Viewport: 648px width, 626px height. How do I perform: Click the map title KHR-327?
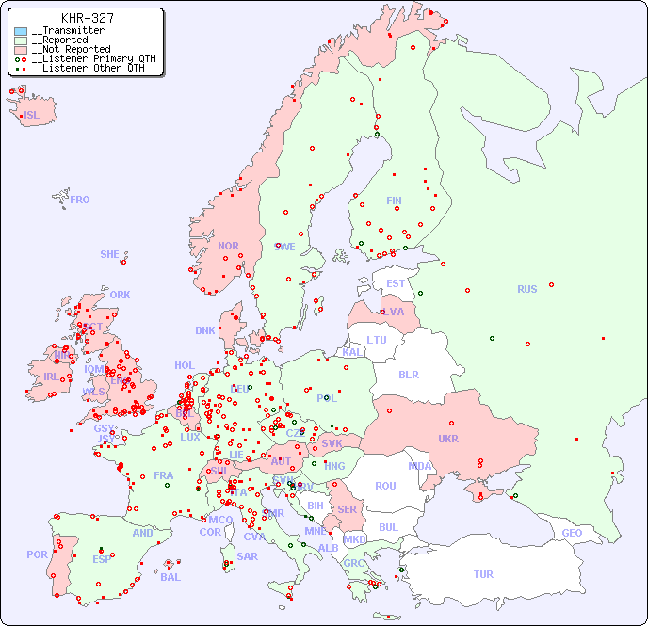[x=87, y=18]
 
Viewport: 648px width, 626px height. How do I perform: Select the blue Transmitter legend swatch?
[x=21, y=31]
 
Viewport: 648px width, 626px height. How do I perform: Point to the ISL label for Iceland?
[x=32, y=116]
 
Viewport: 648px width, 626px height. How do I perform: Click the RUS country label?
[x=526, y=289]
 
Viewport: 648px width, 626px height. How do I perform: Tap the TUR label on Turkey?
[x=483, y=574]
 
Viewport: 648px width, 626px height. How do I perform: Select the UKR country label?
[x=447, y=439]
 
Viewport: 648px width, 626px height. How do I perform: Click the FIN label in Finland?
[x=394, y=201]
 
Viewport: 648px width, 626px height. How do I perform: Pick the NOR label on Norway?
[x=228, y=246]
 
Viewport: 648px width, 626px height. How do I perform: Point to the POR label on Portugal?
[x=37, y=554]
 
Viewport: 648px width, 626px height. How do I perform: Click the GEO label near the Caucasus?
[x=572, y=533]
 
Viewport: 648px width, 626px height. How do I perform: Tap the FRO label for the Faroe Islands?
[x=80, y=200]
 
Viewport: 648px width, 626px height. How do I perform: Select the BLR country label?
[x=409, y=374]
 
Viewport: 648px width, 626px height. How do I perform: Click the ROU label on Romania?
[x=385, y=486]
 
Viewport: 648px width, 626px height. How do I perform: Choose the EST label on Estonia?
[x=396, y=283]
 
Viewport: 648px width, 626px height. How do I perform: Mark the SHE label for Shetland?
[x=110, y=254]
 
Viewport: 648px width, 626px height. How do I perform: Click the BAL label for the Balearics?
[x=170, y=577]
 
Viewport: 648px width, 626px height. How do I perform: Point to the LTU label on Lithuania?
[x=377, y=340]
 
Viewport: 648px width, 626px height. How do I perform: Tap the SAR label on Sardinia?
[x=247, y=555]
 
